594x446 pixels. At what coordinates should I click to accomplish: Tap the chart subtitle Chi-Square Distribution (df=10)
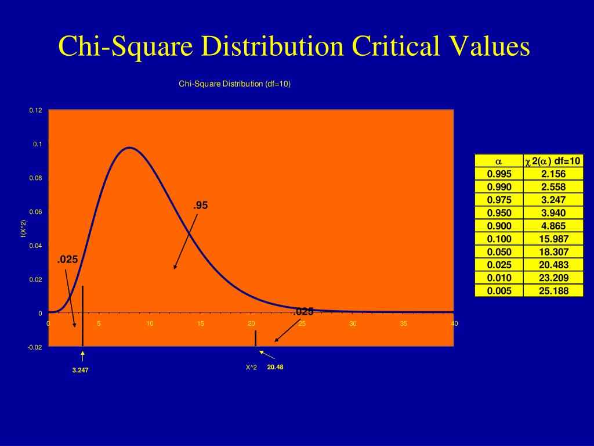coord(234,84)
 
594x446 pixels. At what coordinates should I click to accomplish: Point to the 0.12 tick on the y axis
coord(36,110)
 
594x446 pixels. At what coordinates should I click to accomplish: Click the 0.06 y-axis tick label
coord(36,212)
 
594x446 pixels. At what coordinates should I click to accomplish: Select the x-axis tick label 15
coord(201,324)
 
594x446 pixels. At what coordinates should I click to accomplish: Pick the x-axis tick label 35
coord(403,324)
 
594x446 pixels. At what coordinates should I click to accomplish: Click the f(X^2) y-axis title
coord(23,229)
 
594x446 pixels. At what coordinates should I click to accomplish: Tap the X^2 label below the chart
coord(251,367)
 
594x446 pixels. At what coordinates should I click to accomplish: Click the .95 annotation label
coord(201,206)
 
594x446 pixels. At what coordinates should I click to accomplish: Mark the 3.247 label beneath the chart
coord(81,370)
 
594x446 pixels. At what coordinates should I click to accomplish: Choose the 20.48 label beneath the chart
coord(275,367)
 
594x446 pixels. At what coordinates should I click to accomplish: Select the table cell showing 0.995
coord(499,174)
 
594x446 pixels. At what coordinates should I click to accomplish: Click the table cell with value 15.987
coord(553,239)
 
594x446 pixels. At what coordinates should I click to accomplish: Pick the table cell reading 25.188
coord(553,291)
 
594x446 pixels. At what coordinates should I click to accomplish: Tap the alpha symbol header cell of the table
coord(498,161)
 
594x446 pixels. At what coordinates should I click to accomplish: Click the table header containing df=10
coord(553,161)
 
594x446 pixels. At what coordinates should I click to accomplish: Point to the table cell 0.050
coord(499,252)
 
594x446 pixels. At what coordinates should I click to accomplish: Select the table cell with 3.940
coord(553,213)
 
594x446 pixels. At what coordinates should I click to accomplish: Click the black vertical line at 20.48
coord(256,338)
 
